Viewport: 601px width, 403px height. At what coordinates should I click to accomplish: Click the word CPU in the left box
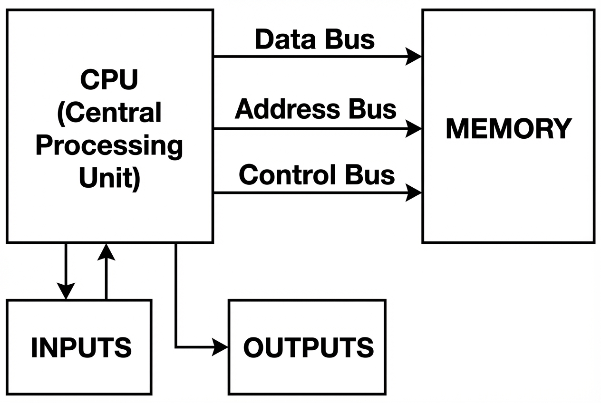(x=109, y=79)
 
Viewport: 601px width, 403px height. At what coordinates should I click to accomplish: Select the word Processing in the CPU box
(x=109, y=145)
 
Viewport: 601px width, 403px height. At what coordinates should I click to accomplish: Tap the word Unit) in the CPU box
(x=109, y=178)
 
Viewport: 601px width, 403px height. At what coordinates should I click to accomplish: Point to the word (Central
(x=109, y=113)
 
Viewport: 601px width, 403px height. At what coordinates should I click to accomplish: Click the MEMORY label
(x=508, y=128)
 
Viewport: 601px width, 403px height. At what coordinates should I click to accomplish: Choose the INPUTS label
(x=81, y=347)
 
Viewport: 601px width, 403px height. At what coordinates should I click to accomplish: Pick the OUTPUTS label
(x=308, y=347)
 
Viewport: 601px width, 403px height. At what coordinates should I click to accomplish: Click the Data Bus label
(x=315, y=39)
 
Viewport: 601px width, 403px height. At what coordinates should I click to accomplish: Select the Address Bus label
(x=315, y=109)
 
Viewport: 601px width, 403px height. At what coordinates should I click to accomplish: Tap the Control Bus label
(x=317, y=174)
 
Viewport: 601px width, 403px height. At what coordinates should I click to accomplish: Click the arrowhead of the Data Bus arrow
(x=414, y=57)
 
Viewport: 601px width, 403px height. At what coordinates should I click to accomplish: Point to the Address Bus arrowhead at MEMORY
(x=414, y=128)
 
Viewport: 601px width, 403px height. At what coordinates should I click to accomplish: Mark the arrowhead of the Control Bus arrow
(x=414, y=193)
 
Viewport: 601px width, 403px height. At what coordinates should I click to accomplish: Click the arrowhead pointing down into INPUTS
(x=66, y=291)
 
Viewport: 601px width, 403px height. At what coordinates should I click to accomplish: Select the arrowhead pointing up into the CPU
(x=106, y=252)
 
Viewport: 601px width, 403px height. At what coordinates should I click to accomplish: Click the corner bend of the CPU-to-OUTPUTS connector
(x=176, y=347)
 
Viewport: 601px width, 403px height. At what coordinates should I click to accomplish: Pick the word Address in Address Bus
(x=288, y=109)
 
